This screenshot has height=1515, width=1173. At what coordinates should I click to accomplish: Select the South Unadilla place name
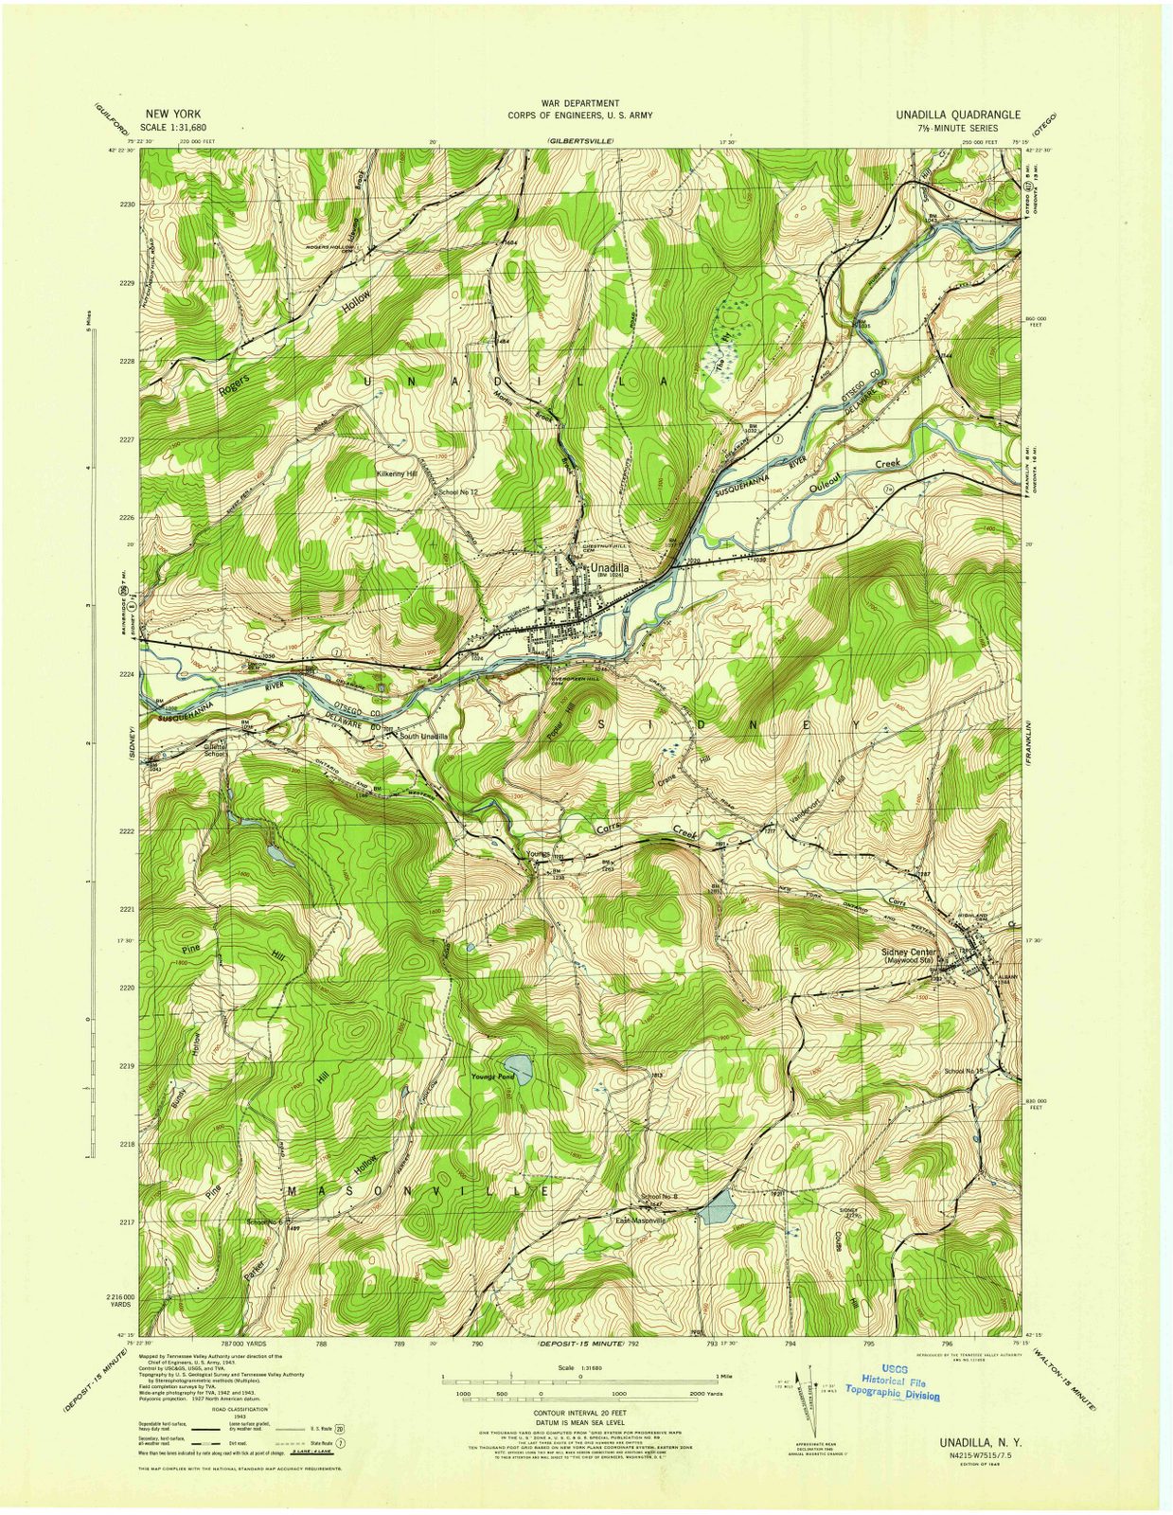tap(423, 736)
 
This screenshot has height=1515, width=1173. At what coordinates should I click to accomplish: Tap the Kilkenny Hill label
tap(397, 474)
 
